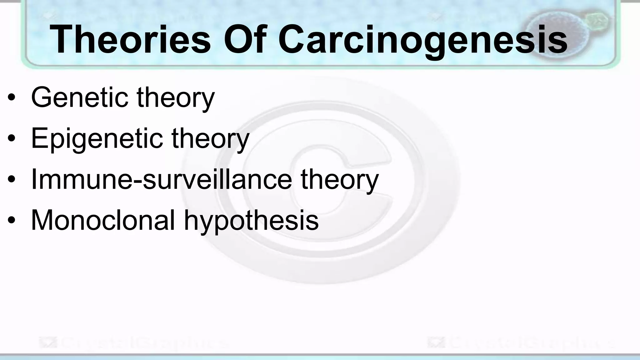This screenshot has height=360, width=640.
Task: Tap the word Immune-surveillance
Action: point(161,179)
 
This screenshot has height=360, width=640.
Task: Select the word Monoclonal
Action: point(103,220)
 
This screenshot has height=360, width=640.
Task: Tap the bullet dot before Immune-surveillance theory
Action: point(12,180)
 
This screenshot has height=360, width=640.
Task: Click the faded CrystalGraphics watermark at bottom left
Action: point(133,342)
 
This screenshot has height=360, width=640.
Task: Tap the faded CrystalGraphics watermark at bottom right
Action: point(520,342)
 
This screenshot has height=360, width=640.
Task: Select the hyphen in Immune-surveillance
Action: point(137,182)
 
